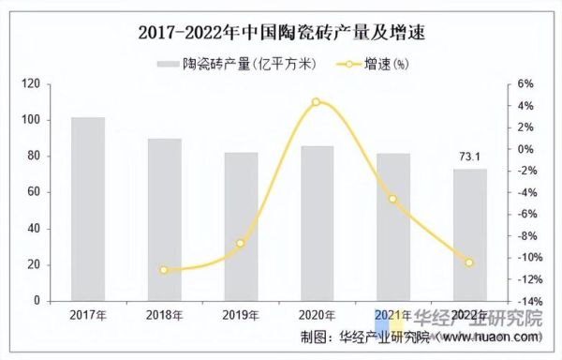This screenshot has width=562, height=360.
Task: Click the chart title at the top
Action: click(x=281, y=33)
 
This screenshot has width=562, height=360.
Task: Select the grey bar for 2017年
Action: click(x=88, y=209)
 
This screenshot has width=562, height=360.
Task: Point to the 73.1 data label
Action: click(x=469, y=157)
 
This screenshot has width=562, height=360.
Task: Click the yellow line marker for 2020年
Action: click(x=317, y=101)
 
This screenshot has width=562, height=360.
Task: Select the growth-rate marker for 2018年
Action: click(x=164, y=270)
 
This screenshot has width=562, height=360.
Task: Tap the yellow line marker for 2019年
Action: click(x=241, y=244)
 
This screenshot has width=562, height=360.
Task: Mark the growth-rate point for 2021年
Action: click(x=393, y=199)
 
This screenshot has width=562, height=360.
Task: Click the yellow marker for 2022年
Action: click(x=470, y=262)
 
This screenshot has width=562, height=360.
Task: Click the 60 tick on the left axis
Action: click(x=34, y=192)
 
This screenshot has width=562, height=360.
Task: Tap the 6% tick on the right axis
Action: click(x=525, y=83)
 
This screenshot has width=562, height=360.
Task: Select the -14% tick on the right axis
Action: click(x=524, y=301)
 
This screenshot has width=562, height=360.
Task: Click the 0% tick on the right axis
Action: click(x=525, y=148)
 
